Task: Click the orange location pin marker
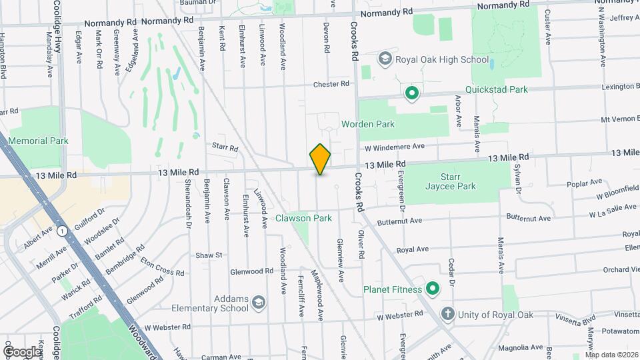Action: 320,159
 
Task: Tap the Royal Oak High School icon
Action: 385,59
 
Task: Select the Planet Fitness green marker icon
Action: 432,289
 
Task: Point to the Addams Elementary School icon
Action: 259,304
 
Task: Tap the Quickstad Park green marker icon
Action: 412,93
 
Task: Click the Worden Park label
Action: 368,124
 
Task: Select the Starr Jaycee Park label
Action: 451,181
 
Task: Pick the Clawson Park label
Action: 303,218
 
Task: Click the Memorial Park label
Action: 39,141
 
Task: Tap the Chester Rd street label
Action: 332,85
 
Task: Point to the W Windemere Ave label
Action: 394,146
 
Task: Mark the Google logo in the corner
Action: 21,352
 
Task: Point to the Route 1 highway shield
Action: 61,231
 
